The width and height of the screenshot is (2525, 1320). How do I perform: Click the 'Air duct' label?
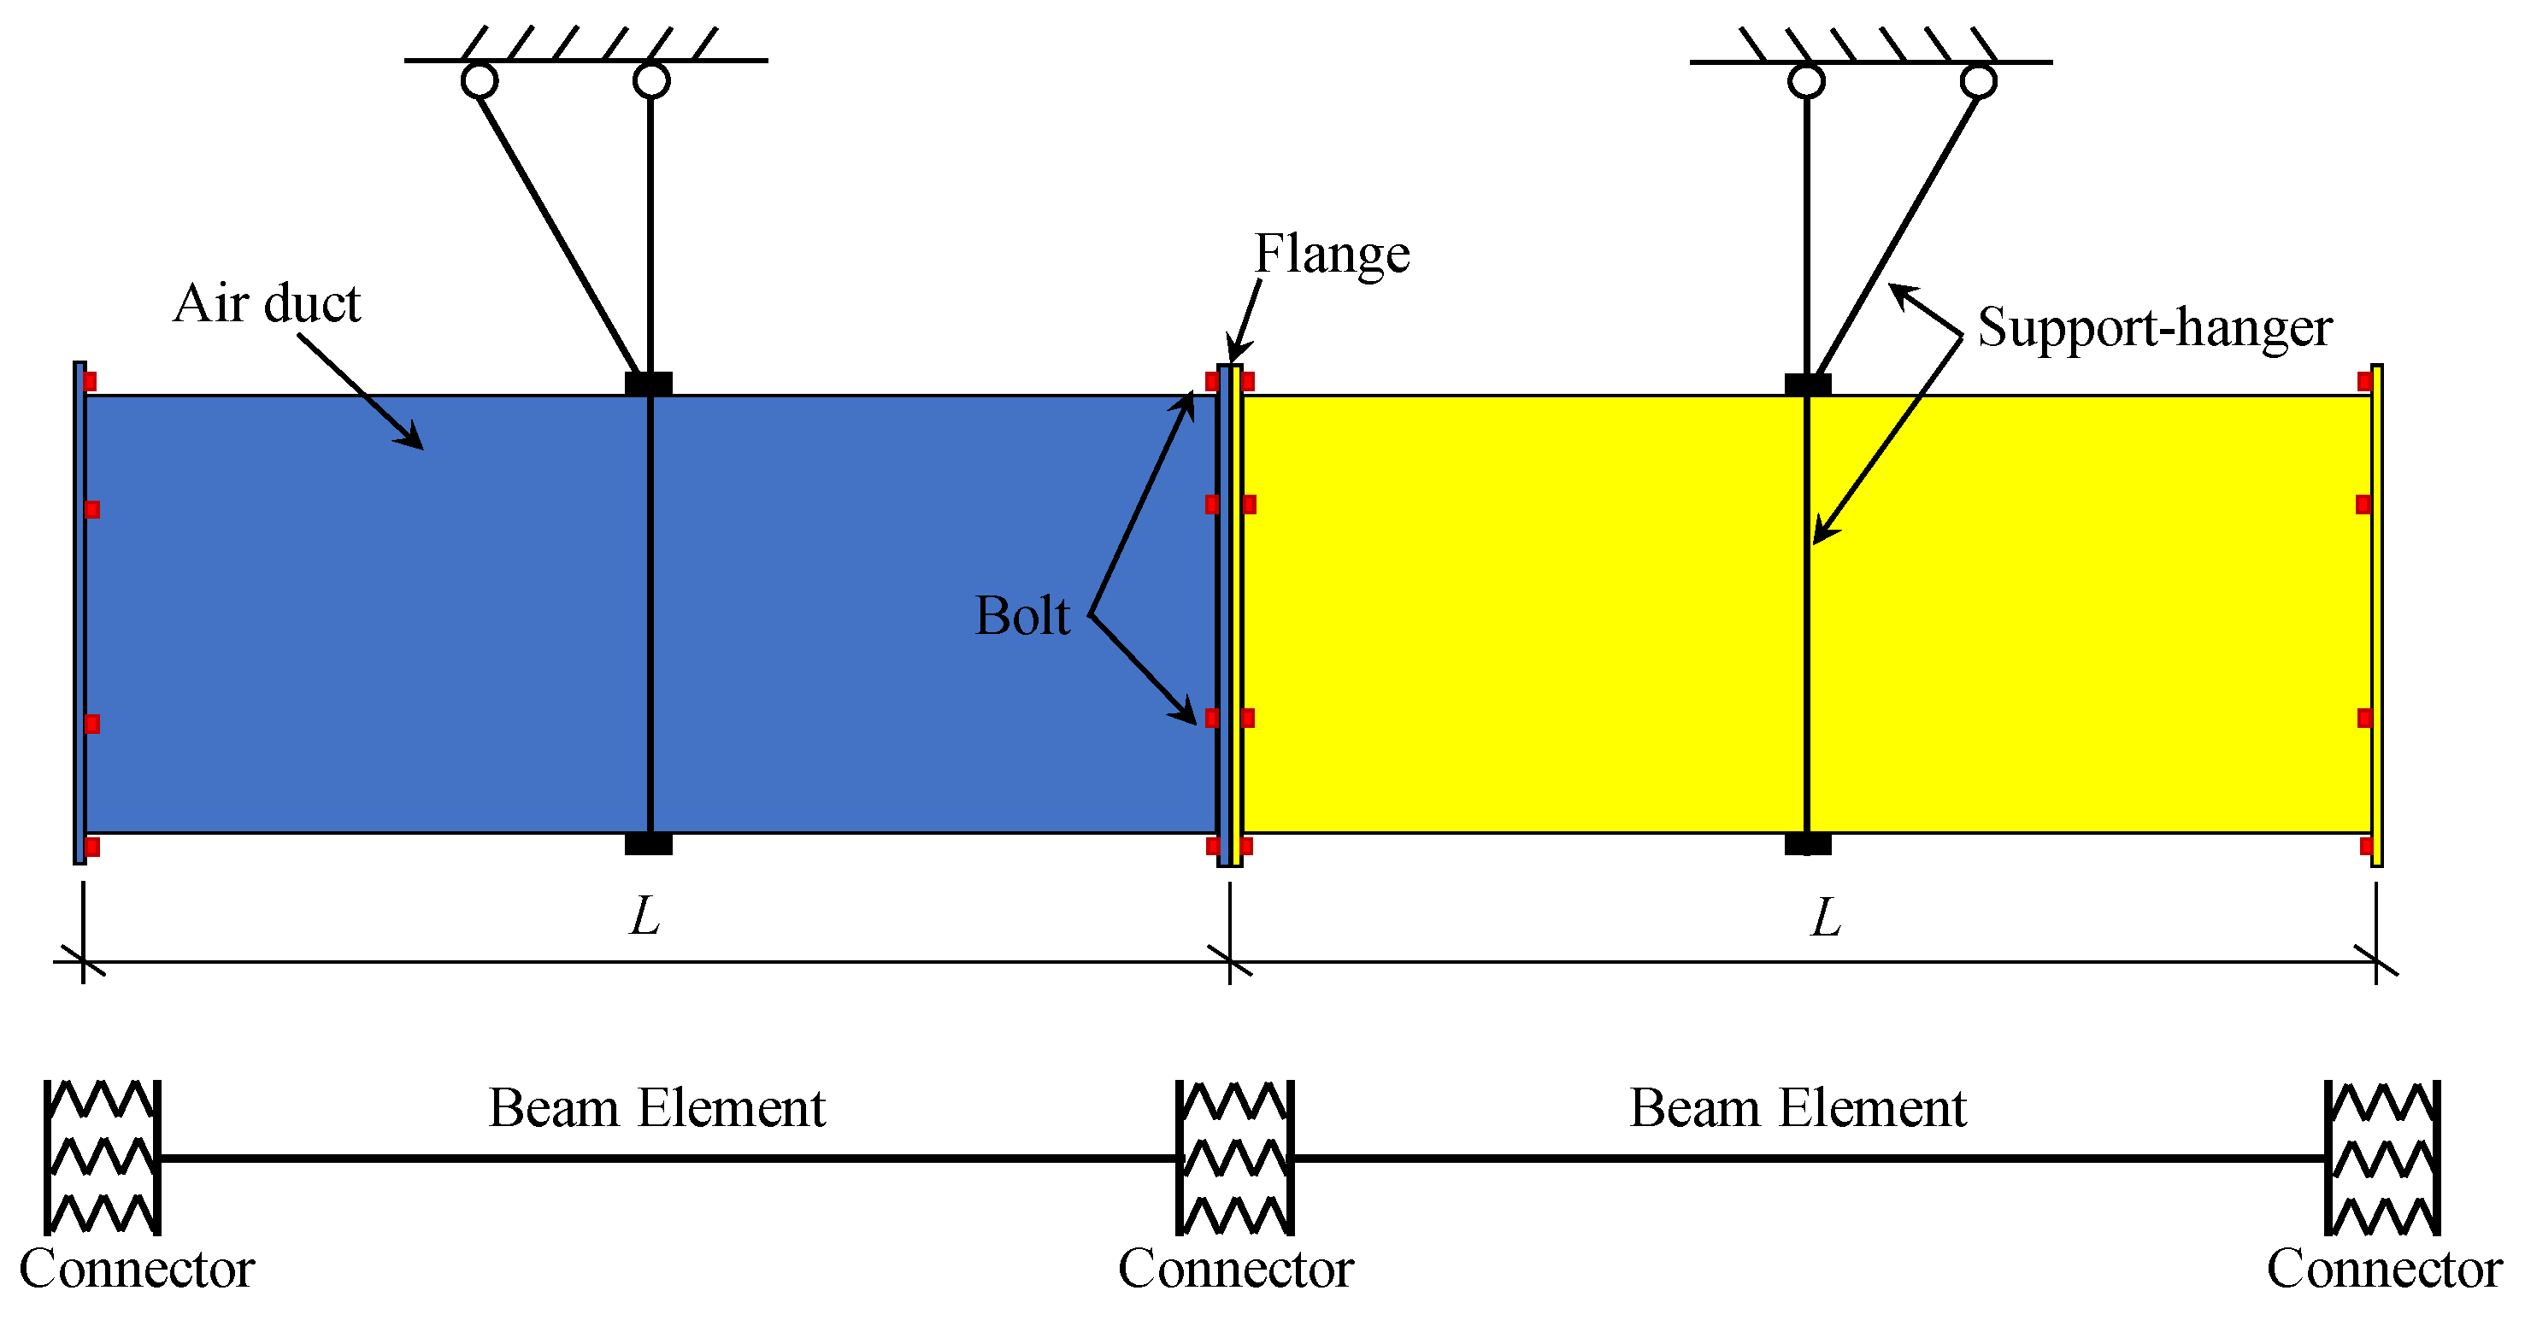tap(267, 304)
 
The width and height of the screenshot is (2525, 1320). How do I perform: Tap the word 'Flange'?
tap(1331, 255)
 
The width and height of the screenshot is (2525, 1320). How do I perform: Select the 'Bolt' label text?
tap(1021, 616)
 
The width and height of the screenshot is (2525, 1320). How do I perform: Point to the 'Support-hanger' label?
tap(2153, 327)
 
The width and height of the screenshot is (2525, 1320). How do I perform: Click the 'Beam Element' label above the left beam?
tap(656, 1109)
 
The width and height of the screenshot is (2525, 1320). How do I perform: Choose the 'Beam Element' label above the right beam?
tap(1797, 1109)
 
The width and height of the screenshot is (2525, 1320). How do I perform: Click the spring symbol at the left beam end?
tap(102, 1158)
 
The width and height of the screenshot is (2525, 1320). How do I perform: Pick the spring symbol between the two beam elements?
tap(1235, 1158)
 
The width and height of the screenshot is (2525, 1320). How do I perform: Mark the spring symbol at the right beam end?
tap(2383, 1158)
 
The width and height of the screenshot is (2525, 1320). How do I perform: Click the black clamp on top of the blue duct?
tap(648, 383)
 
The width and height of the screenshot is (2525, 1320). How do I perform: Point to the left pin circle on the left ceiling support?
tap(480, 80)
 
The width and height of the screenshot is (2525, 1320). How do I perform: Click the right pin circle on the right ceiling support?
tap(1978, 81)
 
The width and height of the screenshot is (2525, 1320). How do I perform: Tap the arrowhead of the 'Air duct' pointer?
tap(413, 439)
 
